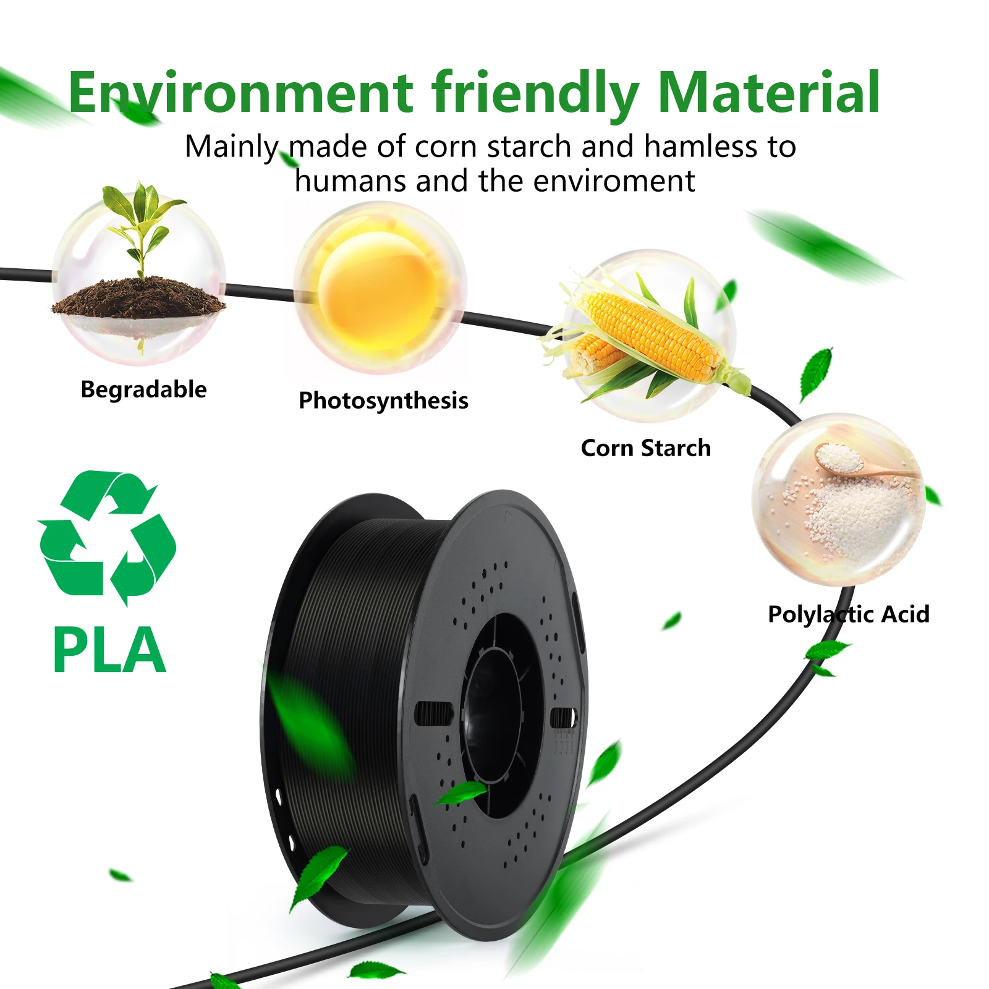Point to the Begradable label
[143, 389]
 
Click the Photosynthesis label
[383, 401]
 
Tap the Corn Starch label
[646, 448]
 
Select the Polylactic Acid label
[848, 614]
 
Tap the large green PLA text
[109, 650]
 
